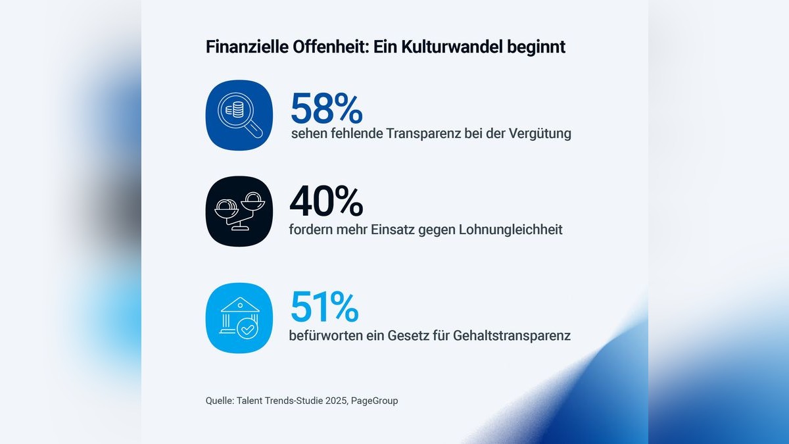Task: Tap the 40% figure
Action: (326, 202)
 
